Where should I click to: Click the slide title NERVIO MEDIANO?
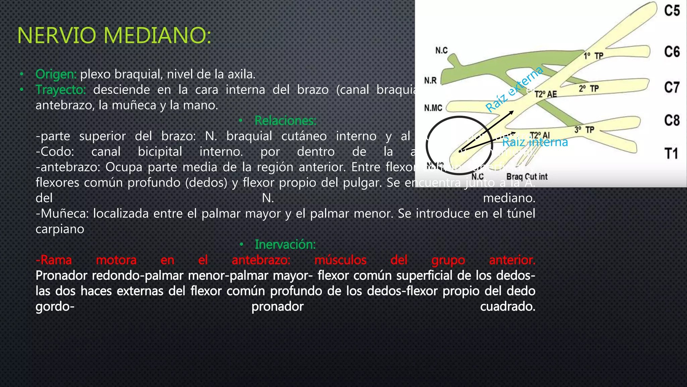click(x=114, y=35)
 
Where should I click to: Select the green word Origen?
click(x=56, y=74)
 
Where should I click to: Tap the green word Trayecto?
click(x=61, y=90)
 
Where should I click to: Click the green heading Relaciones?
click(x=285, y=121)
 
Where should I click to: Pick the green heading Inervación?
click(x=285, y=245)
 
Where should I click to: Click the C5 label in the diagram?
click(x=672, y=11)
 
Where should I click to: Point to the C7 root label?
click(x=672, y=88)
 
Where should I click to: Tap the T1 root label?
click(x=671, y=154)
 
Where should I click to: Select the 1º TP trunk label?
click(x=593, y=56)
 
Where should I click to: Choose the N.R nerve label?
click(x=430, y=81)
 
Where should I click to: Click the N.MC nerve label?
click(x=433, y=108)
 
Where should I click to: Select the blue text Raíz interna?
click(x=535, y=142)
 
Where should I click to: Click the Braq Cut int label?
click(x=527, y=177)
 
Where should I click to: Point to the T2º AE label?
click(x=545, y=94)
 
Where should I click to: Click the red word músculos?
click(x=340, y=260)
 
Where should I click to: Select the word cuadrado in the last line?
click(x=508, y=306)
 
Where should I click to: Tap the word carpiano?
click(x=60, y=229)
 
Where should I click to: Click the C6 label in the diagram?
click(x=672, y=52)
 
